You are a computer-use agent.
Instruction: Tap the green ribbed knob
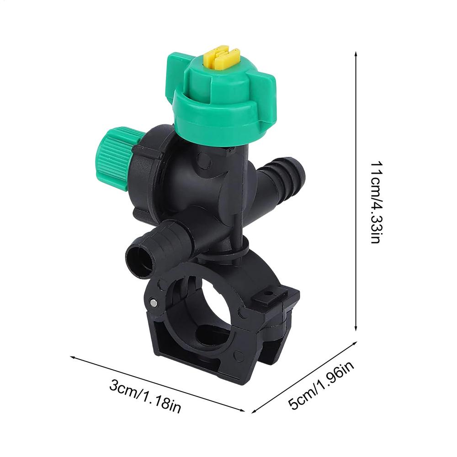(112, 158)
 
